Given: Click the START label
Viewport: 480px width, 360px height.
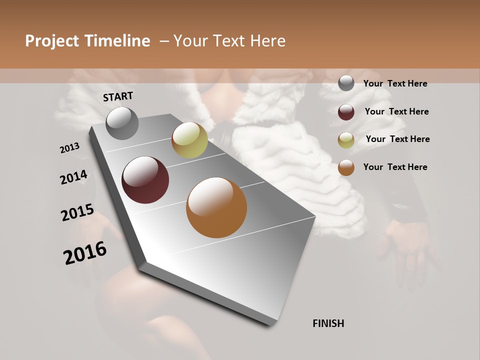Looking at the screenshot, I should point(118,96).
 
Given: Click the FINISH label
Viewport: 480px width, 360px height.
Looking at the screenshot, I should point(328,323).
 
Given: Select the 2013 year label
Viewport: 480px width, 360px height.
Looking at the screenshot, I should point(70,147).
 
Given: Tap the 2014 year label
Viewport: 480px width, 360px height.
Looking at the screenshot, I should point(74,177).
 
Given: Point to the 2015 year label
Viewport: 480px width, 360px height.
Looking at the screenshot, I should point(77,212).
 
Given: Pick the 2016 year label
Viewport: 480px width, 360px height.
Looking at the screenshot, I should point(85,253).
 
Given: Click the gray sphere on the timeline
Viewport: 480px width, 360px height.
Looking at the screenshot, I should point(122,123).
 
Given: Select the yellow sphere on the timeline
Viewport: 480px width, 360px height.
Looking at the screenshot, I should point(189,140).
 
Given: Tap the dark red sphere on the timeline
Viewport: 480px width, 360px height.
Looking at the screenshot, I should point(145,180).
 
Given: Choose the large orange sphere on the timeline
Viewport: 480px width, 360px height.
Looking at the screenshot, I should point(216,207).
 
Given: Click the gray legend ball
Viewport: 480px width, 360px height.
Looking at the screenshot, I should point(346,83).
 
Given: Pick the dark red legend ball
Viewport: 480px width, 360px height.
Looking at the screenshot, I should point(346,112).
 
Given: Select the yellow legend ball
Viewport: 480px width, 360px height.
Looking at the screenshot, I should point(346,140).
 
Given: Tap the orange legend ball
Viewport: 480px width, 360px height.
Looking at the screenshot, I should point(346,167).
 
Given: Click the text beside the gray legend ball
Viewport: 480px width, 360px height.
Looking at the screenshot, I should point(395,83).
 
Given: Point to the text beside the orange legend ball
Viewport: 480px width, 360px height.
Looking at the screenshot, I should point(395,167).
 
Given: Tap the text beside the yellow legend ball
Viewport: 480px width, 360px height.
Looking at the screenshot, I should point(397,139).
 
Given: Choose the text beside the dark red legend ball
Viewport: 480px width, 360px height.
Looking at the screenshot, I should point(396,111).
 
